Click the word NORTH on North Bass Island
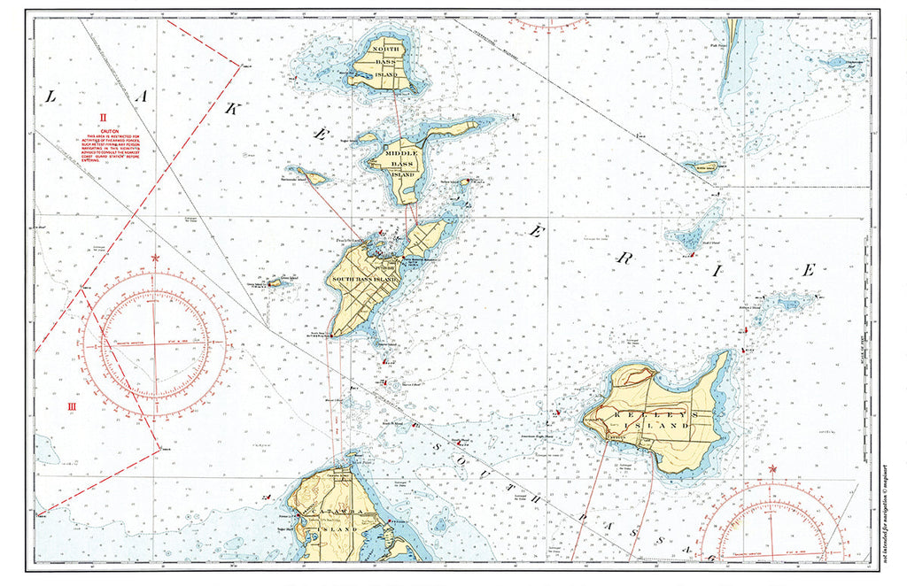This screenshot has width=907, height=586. click(385, 49)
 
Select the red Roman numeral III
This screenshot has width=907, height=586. click(73, 406)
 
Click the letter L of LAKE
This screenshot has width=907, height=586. click(50, 97)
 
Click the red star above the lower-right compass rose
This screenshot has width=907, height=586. click(772, 468)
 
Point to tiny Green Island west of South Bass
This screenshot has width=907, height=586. click(275, 282)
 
